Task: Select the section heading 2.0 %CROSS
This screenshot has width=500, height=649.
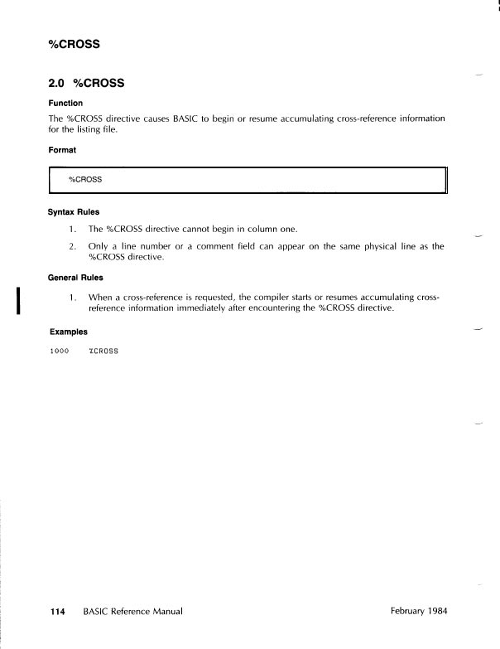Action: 86,83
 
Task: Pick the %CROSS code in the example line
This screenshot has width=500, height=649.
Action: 103,351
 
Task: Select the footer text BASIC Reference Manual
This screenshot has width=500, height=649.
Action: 132,612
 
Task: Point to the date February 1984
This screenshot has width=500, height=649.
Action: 418,612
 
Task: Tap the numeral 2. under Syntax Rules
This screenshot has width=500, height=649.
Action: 73,246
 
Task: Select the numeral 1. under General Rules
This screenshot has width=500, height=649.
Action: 73,295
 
